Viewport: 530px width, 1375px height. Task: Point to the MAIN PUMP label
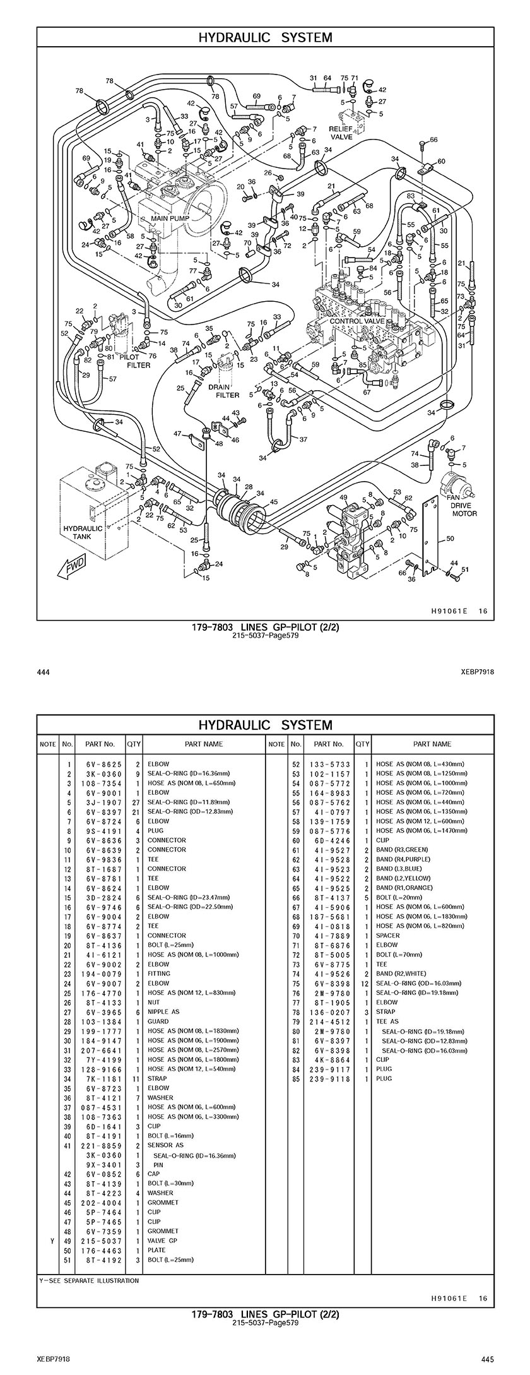(167, 218)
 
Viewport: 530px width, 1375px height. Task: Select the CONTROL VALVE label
(357, 321)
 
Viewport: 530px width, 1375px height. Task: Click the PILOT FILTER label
(139, 361)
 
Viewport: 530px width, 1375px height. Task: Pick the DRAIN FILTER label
(228, 391)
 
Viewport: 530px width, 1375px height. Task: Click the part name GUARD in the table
(158, 1021)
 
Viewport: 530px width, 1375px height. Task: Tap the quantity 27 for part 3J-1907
(134, 802)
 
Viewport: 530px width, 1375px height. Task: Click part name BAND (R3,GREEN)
(402, 850)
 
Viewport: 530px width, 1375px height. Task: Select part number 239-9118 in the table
(329, 1078)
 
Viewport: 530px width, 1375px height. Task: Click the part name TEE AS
(387, 1021)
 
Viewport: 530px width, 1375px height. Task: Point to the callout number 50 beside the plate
(450, 539)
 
